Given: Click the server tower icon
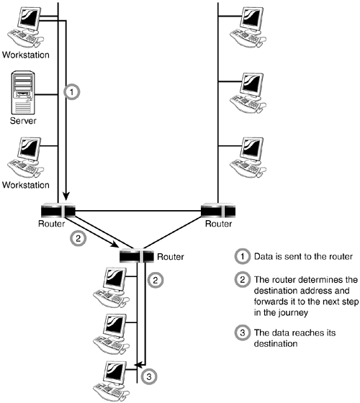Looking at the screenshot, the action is point(22,93).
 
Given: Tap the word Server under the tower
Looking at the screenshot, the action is point(23,121).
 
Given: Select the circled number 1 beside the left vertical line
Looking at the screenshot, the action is point(72,92).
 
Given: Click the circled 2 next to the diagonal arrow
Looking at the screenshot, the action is point(78,238).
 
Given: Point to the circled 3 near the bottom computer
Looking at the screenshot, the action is point(149,377).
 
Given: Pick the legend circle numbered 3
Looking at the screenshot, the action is point(242,332).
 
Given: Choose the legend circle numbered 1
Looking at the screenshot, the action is point(242,256).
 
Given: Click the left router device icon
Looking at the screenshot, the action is point(58,210).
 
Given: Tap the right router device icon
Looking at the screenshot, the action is point(218,210).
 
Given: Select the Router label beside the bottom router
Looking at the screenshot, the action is point(171,256).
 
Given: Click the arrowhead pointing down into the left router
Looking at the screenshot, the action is point(66,196).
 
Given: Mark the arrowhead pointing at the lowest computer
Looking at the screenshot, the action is point(138,364).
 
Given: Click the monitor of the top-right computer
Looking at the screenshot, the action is point(251,17).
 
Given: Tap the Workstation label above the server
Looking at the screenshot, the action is point(26,55).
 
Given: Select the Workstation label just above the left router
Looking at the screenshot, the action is point(26,185).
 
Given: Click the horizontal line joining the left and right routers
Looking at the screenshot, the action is point(138,211).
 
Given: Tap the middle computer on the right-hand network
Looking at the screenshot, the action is point(248,93).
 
